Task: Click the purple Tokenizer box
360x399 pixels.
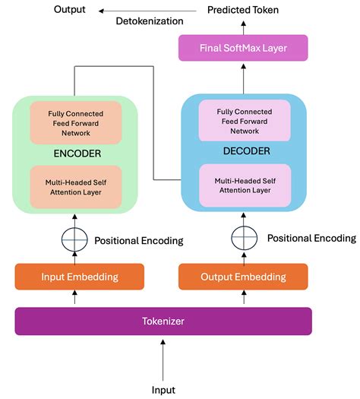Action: point(163,321)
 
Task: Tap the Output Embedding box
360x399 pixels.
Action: point(243,277)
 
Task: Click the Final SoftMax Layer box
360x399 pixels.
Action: point(243,49)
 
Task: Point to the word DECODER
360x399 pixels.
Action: point(243,150)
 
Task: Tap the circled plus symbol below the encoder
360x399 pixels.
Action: point(74,240)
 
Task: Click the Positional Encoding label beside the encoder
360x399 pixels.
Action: point(138,240)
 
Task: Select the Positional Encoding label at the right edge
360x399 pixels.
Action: point(311,238)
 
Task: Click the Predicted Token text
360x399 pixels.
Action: point(243,10)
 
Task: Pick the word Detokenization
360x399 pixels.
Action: point(150,21)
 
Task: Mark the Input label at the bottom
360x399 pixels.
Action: point(163,389)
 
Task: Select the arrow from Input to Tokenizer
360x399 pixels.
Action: point(163,358)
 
